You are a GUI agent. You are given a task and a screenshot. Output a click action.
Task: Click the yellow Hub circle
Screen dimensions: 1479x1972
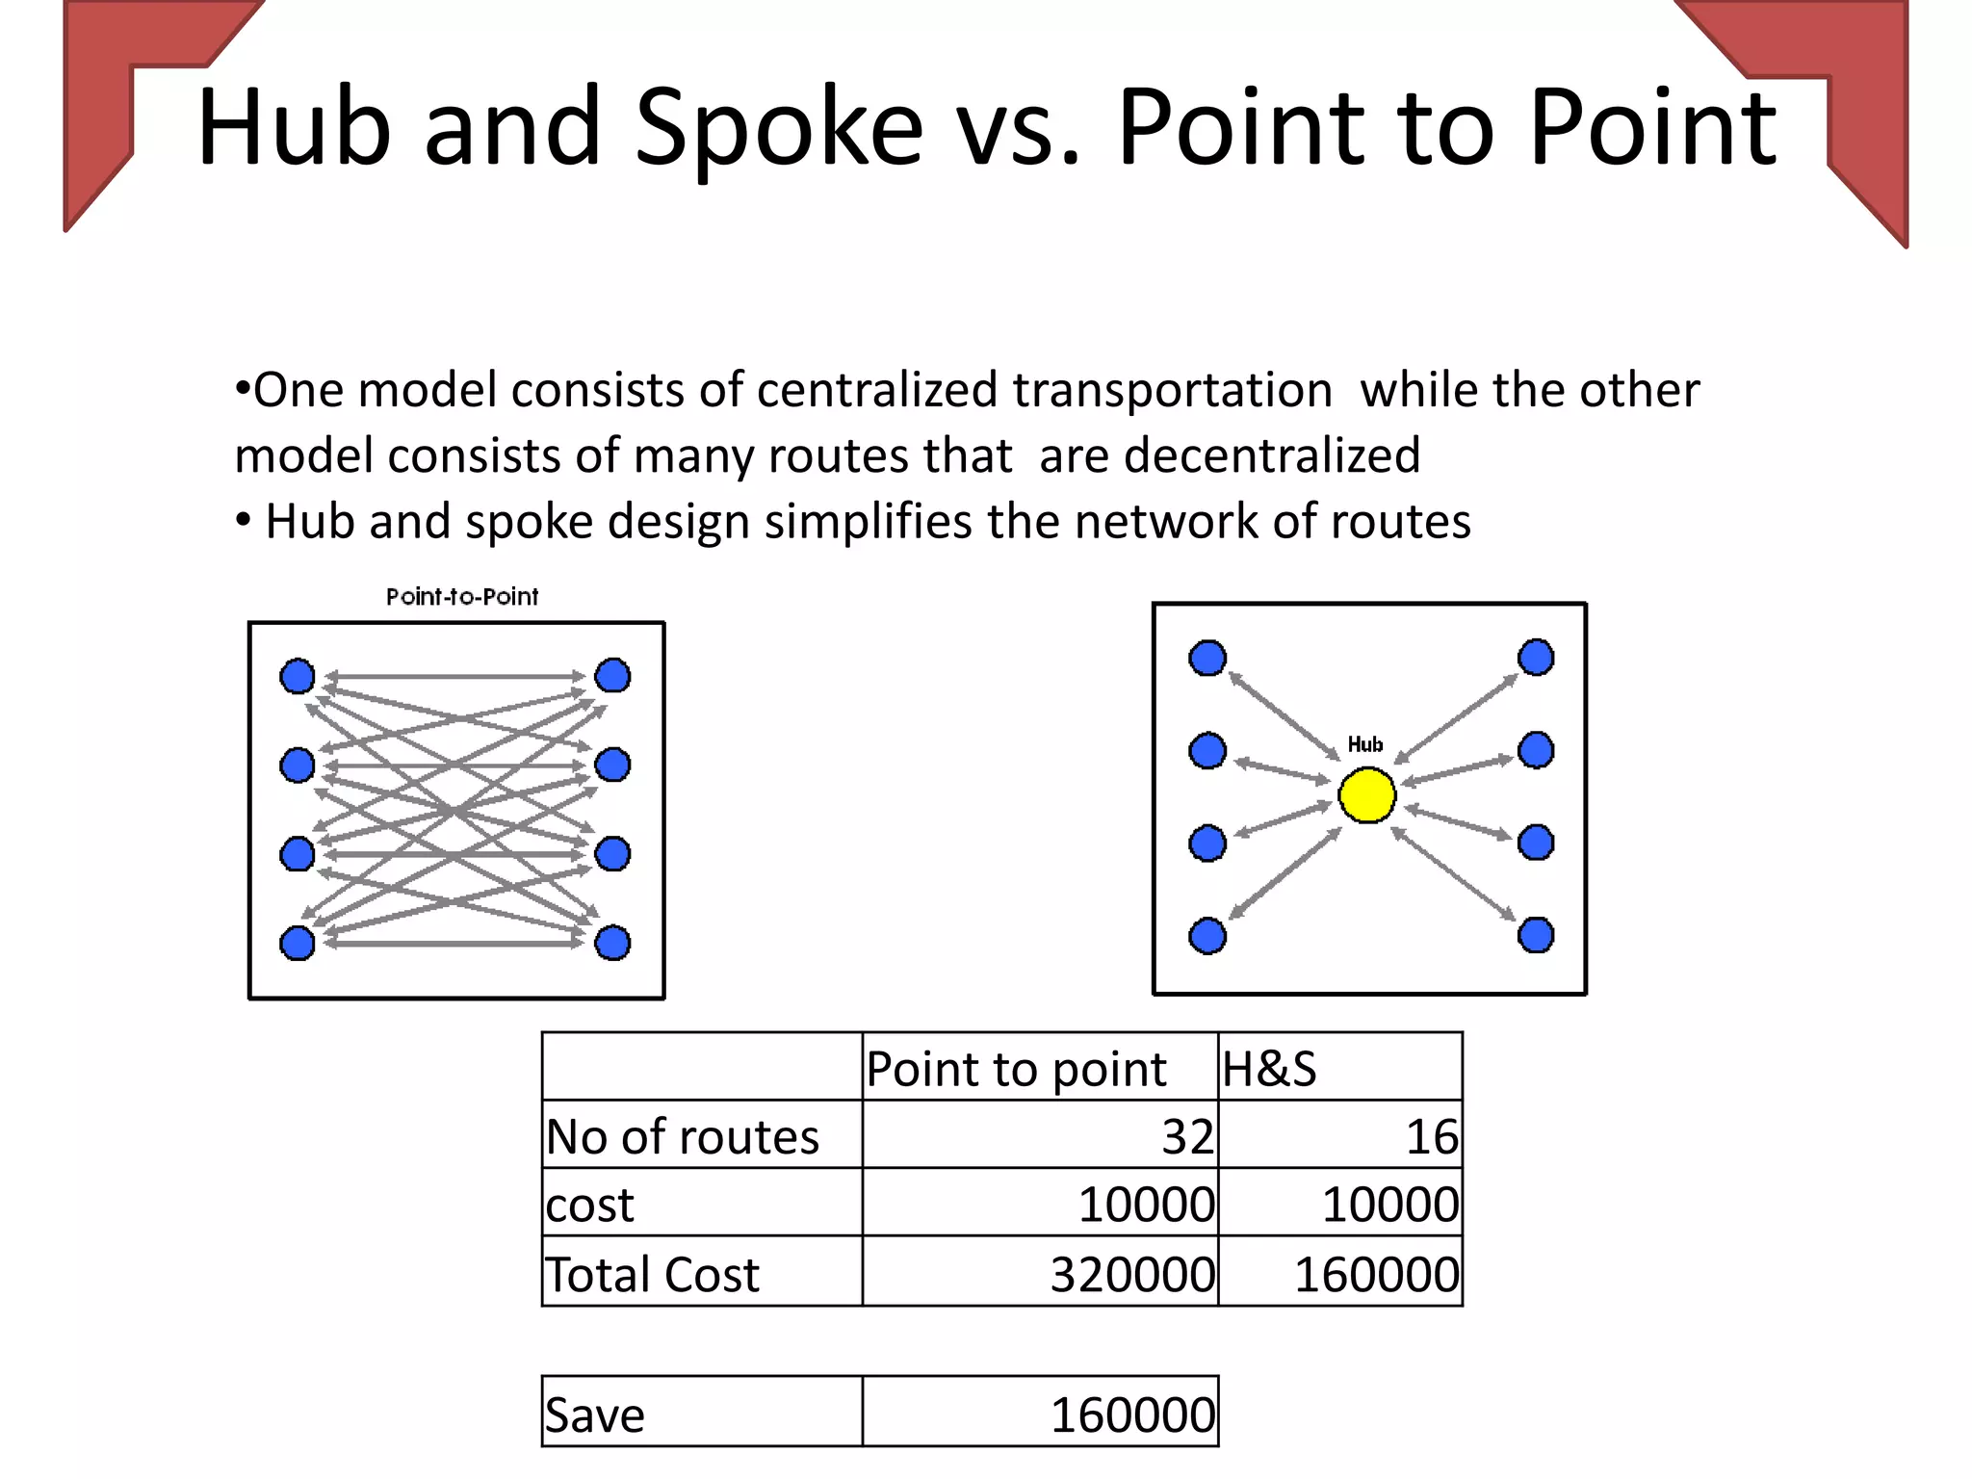click(x=1366, y=795)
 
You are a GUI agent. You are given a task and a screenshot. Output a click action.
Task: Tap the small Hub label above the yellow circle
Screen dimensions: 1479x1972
click(x=1364, y=744)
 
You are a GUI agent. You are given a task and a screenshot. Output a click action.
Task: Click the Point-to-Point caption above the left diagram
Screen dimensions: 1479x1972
click(x=462, y=597)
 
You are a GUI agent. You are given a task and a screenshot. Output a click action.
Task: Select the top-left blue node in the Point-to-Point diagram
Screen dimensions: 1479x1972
click(x=297, y=676)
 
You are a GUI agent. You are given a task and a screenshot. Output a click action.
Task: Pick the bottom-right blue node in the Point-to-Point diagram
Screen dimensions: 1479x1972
click(x=612, y=943)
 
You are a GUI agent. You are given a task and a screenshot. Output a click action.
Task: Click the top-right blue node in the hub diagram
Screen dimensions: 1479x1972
click(x=1536, y=658)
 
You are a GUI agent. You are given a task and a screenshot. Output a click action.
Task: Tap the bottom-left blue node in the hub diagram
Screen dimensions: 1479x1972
click(x=1207, y=935)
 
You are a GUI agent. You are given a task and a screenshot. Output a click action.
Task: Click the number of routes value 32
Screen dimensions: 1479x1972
click(x=1187, y=1137)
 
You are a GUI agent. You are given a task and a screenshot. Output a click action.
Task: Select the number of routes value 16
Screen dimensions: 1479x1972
click(x=1432, y=1137)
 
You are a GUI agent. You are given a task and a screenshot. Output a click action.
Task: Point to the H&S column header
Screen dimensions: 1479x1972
click(x=1269, y=1069)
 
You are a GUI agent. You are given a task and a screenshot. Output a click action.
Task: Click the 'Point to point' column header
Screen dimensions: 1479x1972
click(x=1016, y=1069)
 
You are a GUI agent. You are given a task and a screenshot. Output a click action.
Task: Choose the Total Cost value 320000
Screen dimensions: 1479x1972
click(x=1132, y=1275)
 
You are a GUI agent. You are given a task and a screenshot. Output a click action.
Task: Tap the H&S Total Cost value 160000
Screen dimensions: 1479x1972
click(x=1376, y=1275)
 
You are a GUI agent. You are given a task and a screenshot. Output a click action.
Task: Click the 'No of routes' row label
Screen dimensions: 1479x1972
click(x=683, y=1137)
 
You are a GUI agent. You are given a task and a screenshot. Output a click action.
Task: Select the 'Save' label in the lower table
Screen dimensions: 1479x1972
click(x=595, y=1415)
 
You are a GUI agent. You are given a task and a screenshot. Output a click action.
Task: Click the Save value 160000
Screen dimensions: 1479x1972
click(x=1132, y=1415)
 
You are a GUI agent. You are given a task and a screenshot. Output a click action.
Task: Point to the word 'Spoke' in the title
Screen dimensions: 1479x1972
click(x=779, y=127)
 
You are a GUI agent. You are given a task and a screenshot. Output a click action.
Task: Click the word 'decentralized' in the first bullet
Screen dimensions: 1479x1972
click(x=1272, y=454)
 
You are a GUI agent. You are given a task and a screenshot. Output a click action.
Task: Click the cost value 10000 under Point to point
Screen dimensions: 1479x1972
click(x=1146, y=1206)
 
